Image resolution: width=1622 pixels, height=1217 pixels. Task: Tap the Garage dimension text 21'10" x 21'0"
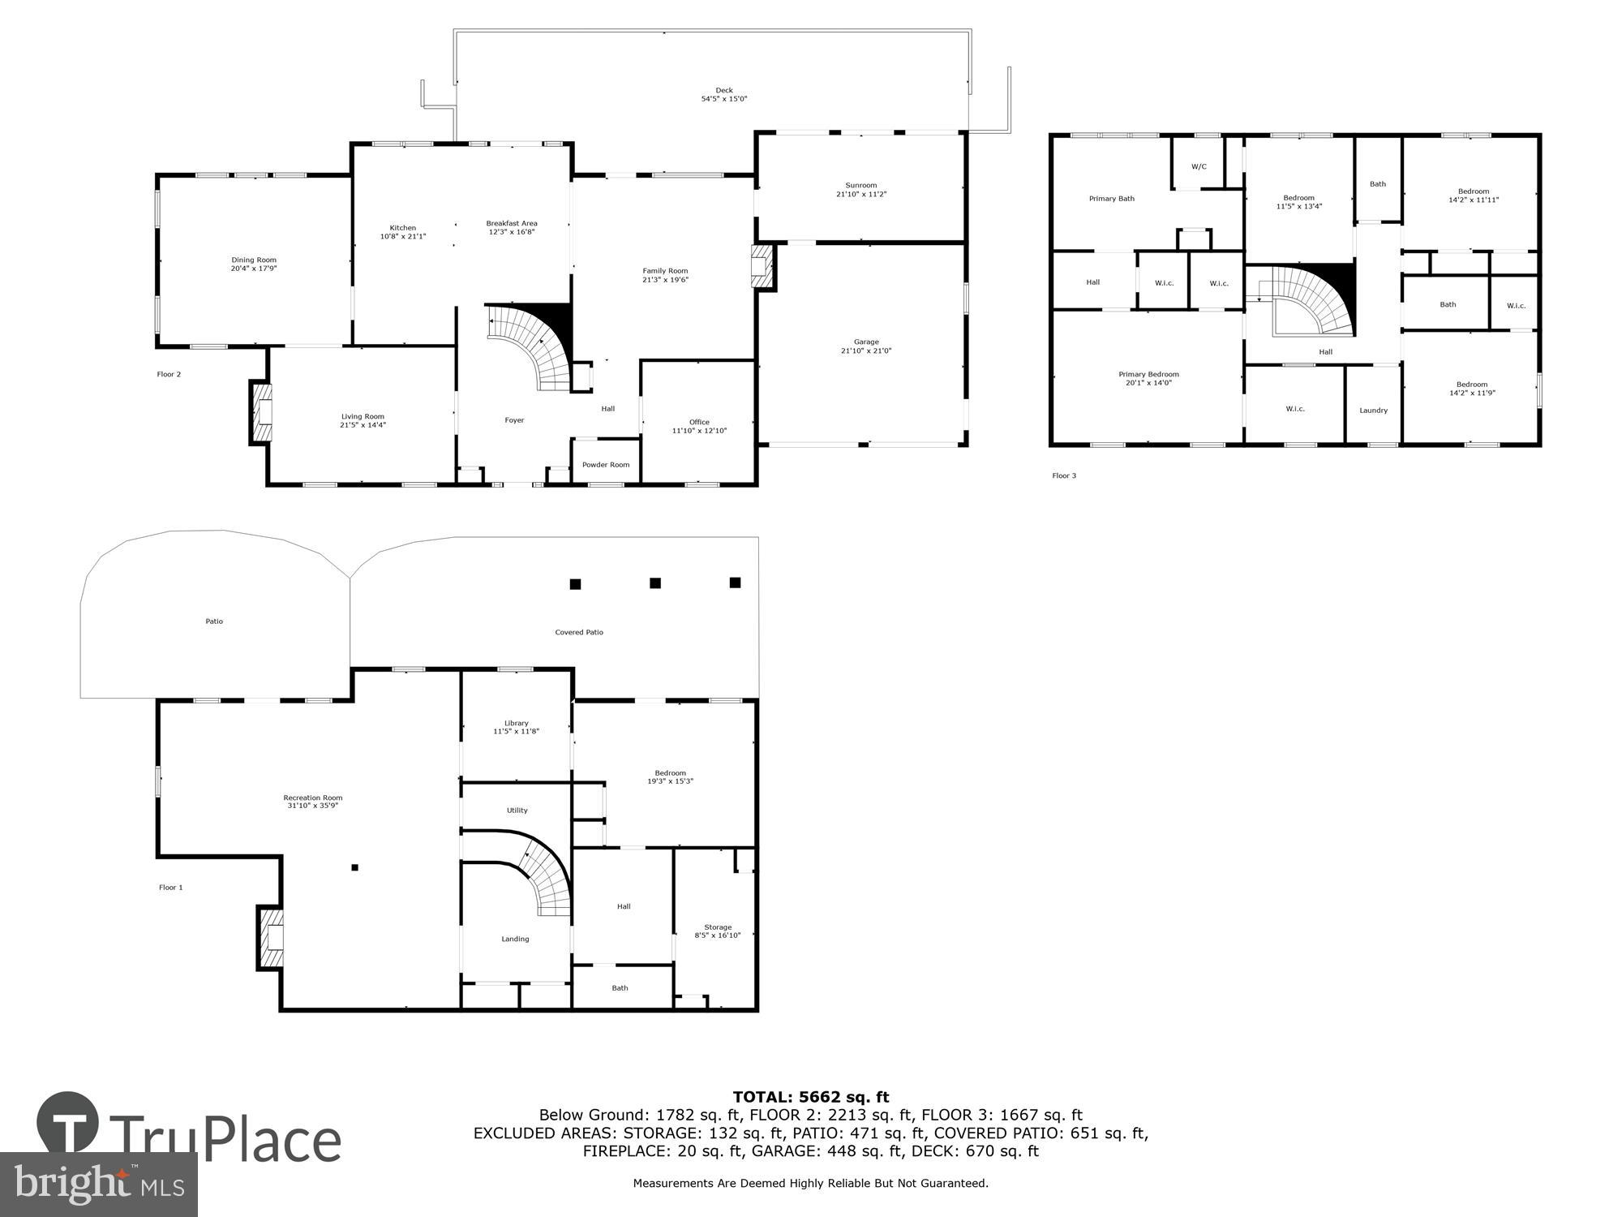(x=866, y=351)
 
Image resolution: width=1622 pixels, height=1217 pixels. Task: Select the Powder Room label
(x=606, y=465)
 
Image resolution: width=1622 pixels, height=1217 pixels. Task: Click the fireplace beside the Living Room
(x=261, y=413)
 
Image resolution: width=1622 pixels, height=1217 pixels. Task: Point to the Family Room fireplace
(x=763, y=266)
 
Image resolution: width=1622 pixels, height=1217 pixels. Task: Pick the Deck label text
(x=723, y=90)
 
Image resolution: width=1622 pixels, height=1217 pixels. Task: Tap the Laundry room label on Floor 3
(x=1373, y=411)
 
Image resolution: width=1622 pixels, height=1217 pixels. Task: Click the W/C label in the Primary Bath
(x=1199, y=166)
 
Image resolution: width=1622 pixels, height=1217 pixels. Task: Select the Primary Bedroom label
(x=1148, y=375)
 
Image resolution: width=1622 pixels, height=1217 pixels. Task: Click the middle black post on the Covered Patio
(x=655, y=583)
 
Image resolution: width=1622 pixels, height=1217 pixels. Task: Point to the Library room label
(x=516, y=723)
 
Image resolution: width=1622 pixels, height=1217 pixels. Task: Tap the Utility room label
(x=517, y=811)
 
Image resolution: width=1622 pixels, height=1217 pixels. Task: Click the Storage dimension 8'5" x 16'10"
(x=718, y=935)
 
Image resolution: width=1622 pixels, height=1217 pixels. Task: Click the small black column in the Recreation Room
(x=354, y=867)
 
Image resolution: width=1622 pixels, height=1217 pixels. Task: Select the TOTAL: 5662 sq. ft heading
(x=810, y=1098)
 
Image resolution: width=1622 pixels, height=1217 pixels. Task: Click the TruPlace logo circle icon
(x=68, y=1123)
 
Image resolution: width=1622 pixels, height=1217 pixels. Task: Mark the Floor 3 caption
(x=1064, y=475)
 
